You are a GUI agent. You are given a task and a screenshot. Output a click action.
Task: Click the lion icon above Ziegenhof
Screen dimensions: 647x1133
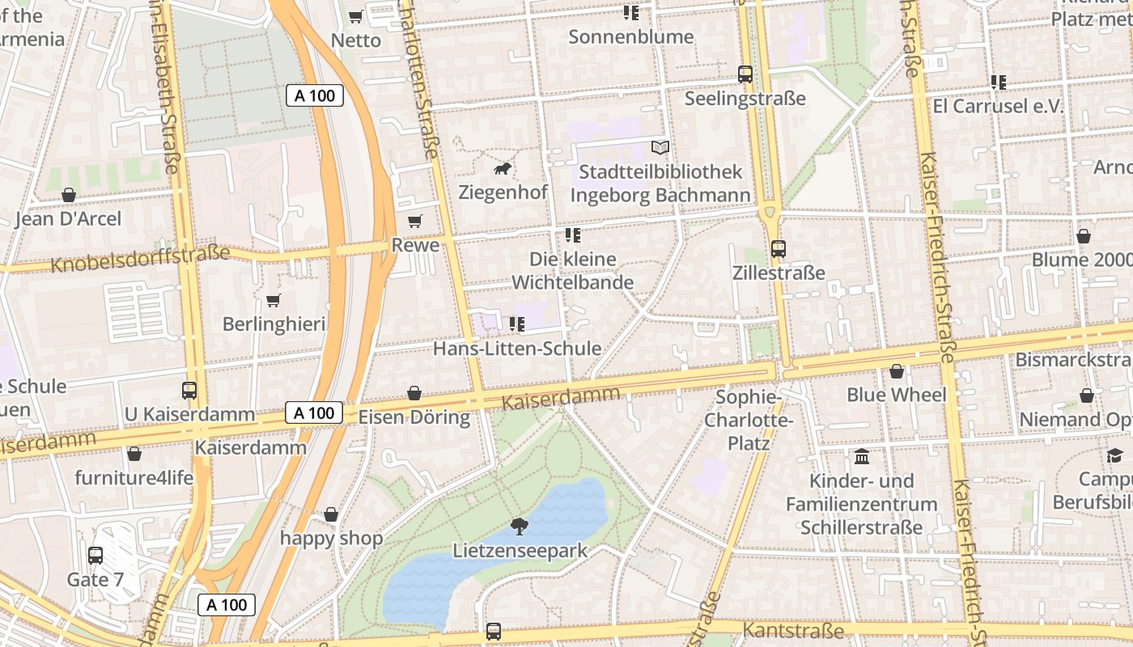tap(503, 169)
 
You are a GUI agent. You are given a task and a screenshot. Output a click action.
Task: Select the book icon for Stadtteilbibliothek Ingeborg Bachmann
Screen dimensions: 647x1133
tap(660, 148)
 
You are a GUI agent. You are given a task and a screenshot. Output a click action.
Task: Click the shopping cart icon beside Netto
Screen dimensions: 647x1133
tap(355, 16)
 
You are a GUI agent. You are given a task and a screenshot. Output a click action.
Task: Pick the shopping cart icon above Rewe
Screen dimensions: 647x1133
tap(415, 222)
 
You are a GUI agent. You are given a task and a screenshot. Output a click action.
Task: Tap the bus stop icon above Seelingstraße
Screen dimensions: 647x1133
tap(745, 74)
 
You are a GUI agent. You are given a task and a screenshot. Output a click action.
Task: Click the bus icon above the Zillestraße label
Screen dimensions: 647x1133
tap(779, 249)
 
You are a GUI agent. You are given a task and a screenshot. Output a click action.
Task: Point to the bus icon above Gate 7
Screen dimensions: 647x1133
tap(95, 556)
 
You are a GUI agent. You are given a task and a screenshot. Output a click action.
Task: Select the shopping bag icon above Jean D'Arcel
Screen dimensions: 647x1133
tap(69, 195)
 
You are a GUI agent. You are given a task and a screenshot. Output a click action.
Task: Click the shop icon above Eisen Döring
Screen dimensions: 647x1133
tap(414, 393)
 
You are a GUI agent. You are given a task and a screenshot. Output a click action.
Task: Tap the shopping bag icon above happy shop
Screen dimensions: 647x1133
tap(331, 514)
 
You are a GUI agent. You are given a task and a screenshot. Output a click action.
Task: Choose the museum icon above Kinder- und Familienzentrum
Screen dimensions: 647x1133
tap(862, 457)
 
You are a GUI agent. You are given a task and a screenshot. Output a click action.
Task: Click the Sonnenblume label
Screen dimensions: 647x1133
tap(631, 36)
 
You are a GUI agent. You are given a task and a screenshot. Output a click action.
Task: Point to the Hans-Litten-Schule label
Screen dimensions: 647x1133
tap(517, 349)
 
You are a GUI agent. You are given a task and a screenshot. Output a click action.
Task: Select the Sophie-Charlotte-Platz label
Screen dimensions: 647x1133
tap(749, 420)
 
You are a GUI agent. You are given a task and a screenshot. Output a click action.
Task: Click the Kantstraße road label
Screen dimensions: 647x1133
tap(793, 630)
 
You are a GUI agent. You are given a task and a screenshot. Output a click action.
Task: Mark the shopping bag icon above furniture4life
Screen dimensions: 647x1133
tap(134, 454)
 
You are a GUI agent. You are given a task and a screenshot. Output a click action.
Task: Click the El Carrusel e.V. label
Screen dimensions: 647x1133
tap(998, 106)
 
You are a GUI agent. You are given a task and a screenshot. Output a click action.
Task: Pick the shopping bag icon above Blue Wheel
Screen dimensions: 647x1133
tap(897, 371)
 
